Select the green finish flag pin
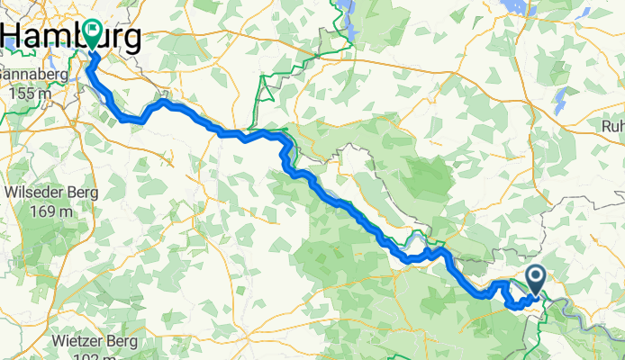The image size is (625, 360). click(x=95, y=34)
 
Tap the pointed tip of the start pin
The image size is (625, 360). click(x=536, y=294)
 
